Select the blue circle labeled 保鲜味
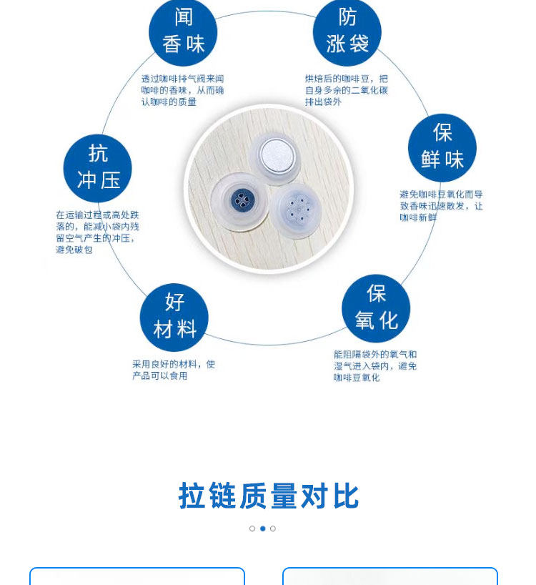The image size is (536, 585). point(442,147)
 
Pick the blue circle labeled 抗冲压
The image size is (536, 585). point(98,168)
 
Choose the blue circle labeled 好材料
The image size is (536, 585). point(174,317)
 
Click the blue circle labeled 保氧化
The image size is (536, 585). point(376,308)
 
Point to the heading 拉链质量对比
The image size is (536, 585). point(269,496)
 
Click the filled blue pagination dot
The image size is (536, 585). point(262,529)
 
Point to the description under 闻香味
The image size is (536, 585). point(182,90)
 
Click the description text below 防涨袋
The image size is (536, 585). point(347,90)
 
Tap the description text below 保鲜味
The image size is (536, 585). point(441,205)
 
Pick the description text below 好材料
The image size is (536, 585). point(173,369)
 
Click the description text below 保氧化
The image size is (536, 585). point(375,365)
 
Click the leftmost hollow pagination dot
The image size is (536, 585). point(252,529)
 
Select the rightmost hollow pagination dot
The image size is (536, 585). point(273,529)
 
